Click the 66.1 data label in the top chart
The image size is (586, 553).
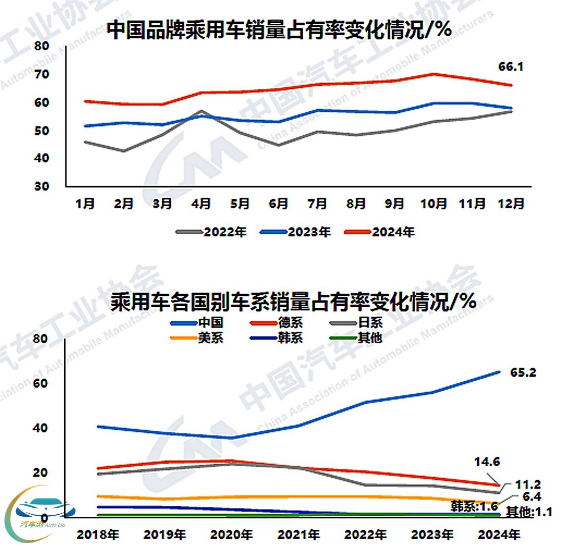[511, 67]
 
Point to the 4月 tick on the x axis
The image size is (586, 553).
[201, 204]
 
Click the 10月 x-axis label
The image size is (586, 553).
[433, 204]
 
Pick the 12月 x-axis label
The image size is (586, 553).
[511, 204]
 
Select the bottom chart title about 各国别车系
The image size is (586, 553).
[293, 302]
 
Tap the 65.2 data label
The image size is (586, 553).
[523, 372]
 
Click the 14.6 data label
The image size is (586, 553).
[487, 462]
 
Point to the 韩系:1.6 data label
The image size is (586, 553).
[474, 506]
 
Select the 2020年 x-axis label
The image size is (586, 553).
[231, 535]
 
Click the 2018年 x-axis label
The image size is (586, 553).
[98, 535]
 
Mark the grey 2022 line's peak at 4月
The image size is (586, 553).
[201, 111]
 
